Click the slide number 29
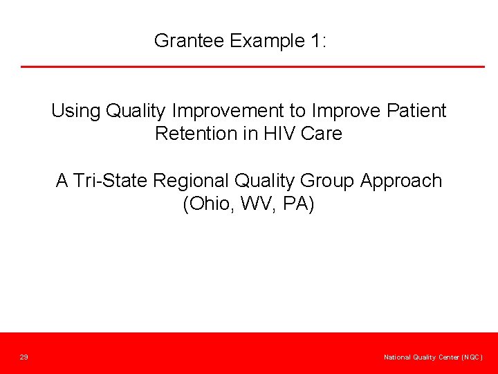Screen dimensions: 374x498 [x=24, y=357]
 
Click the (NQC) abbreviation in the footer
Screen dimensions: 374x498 [x=470, y=357]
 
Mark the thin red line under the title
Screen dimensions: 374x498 [x=252, y=66]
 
